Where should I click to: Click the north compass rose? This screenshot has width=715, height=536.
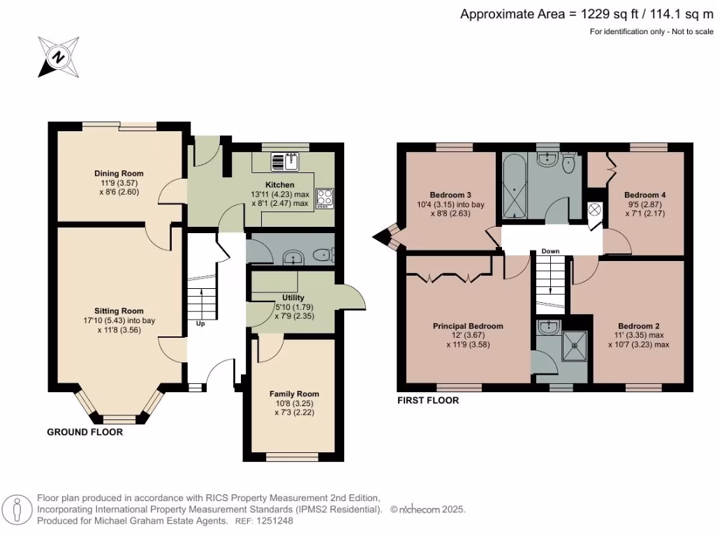59,57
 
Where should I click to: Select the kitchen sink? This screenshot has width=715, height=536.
285,162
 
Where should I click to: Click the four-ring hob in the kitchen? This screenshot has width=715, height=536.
325,199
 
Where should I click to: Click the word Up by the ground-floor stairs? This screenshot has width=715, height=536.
200,324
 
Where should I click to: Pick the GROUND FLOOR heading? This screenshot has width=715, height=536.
84,432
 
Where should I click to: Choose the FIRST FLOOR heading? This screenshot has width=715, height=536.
428,401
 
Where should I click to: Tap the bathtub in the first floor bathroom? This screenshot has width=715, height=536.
515,187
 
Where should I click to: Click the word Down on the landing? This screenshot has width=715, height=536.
550,251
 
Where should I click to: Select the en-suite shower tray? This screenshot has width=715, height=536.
575,345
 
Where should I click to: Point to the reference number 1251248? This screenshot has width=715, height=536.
275,521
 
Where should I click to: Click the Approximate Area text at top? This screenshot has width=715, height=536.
587,14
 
